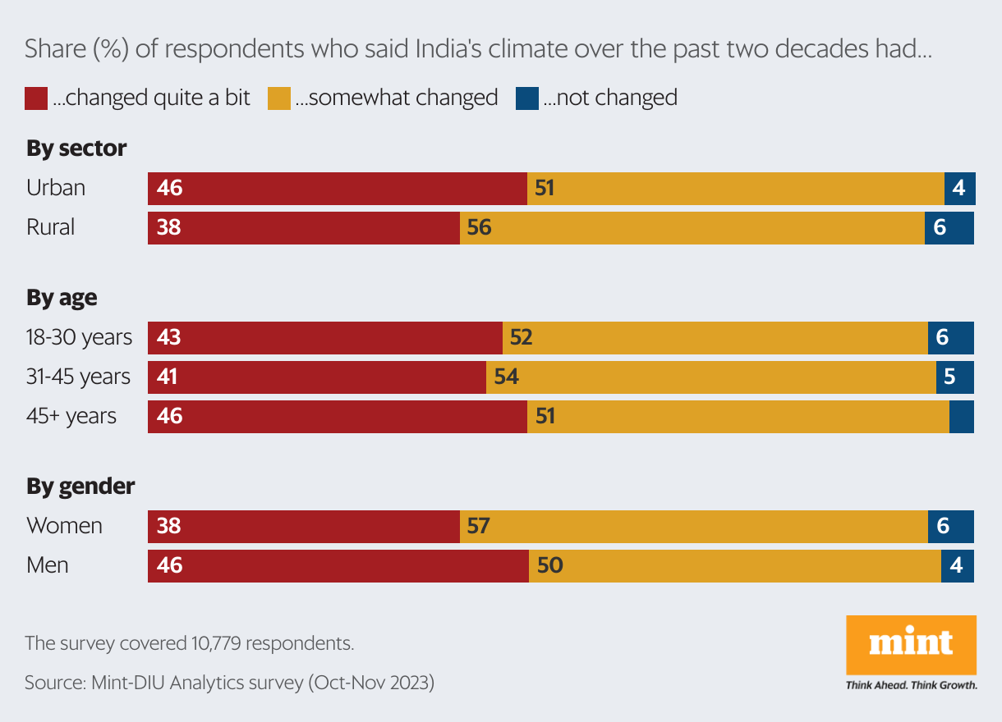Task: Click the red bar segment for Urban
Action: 337,189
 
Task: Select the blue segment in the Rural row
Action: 949,228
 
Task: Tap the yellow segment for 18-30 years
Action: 715,338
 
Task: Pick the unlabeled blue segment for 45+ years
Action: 961,417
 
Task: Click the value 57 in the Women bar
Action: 478,526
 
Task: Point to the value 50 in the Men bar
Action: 549,565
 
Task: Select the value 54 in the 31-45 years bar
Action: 506,377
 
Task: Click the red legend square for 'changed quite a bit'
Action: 36,98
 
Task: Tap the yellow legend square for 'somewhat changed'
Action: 278,98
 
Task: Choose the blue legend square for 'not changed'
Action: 526,98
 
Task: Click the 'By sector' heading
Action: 76,149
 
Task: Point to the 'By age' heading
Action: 62,298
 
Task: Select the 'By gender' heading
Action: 80,487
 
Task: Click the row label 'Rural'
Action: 51,227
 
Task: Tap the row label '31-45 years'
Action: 79,377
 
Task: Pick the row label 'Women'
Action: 64,526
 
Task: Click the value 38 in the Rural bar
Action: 168,228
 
